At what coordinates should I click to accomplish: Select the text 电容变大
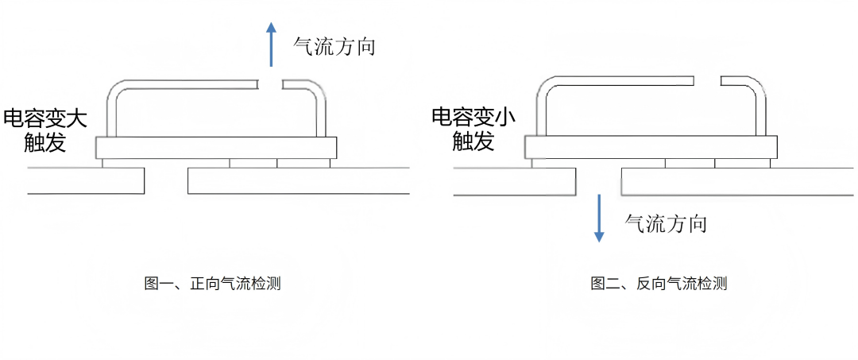click(x=45, y=119)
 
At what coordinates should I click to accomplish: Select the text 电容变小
click(x=473, y=118)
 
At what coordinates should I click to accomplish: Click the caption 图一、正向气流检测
click(x=213, y=284)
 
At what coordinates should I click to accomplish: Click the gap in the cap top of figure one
click(x=272, y=83)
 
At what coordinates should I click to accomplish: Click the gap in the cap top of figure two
click(x=708, y=80)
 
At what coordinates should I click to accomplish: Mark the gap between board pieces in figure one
click(x=166, y=180)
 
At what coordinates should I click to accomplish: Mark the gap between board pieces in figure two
click(x=599, y=182)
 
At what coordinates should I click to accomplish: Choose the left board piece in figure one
click(x=86, y=181)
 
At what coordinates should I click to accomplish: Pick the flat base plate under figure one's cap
click(x=214, y=148)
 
